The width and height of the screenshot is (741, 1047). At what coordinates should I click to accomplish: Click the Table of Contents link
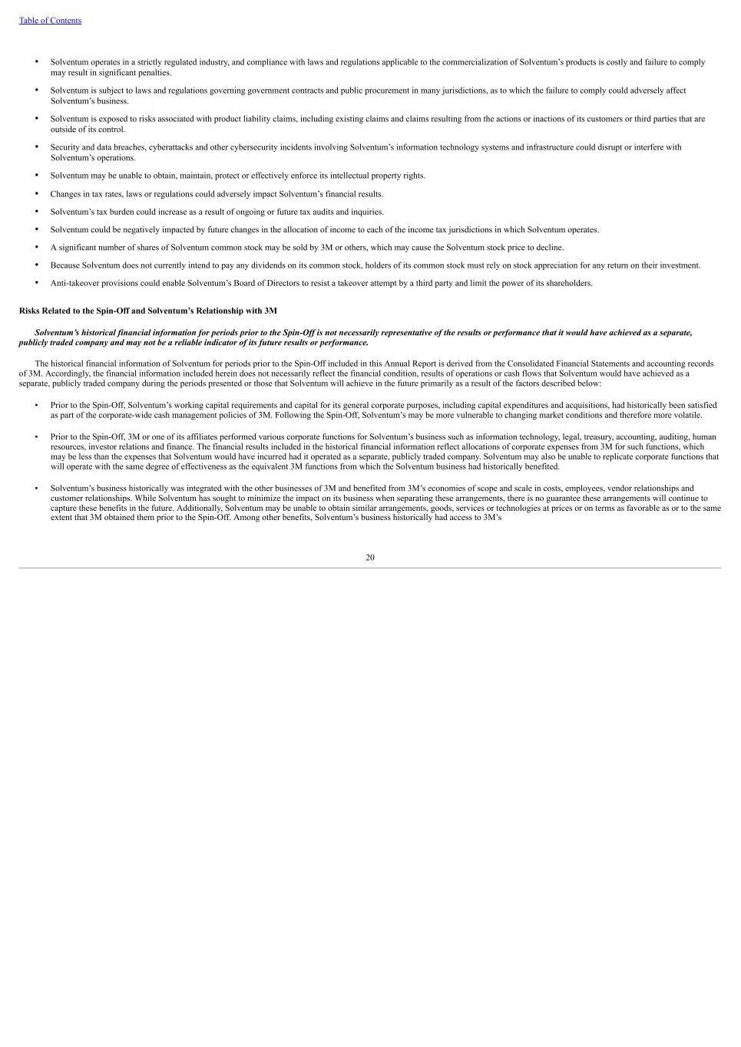click(50, 21)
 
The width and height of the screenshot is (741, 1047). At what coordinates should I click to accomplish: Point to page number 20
click(370, 558)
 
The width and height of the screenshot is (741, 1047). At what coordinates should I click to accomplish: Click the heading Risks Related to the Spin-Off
click(148, 311)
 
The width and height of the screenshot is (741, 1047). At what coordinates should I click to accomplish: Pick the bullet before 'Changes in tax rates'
click(36, 194)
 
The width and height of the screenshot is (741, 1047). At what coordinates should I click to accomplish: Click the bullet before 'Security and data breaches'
click(36, 147)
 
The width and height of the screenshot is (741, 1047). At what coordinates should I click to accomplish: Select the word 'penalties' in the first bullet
click(156, 73)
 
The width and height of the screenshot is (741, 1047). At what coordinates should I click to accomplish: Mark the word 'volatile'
click(687, 415)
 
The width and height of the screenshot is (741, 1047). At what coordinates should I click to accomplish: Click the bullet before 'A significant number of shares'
click(36, 248)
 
